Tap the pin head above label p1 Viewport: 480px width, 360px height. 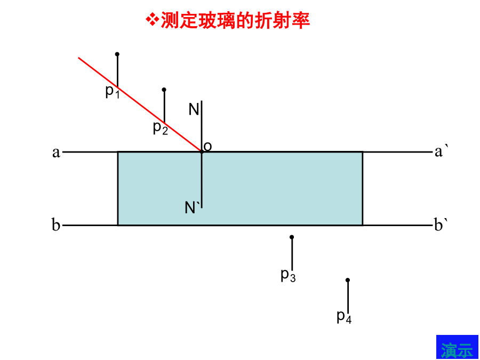[117, 54]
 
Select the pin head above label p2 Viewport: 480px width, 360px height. [164, 90]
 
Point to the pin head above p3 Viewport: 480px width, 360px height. [292, 237]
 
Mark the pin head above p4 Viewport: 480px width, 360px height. [348, 280]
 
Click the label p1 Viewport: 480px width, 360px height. [113, 92]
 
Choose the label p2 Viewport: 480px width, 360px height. [161, 128]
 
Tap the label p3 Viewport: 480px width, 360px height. [288, 275]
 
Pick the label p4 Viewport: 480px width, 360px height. [344, 317]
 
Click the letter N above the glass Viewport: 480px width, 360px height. [194, 109]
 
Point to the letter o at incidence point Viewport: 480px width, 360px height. [207, 147]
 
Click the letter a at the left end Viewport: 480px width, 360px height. [56, 153]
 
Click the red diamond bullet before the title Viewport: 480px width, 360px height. [152, 20]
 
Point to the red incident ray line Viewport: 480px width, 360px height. [140, 105]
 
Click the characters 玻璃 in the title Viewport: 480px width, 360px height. [216, 20]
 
